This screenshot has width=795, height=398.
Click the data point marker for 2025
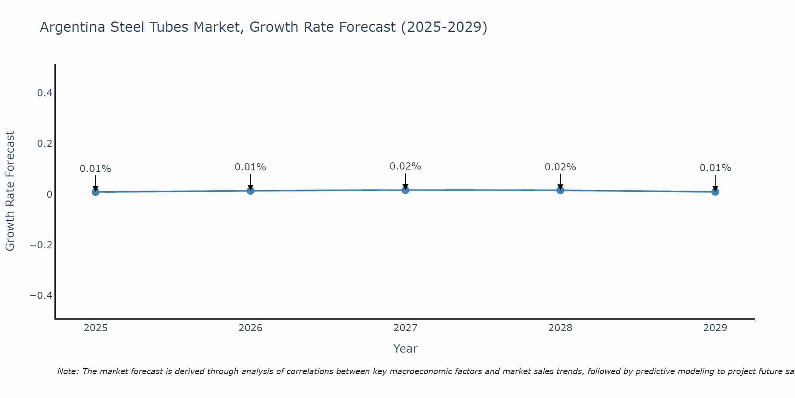click(95, 192)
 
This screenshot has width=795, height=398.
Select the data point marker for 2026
click(250, 191)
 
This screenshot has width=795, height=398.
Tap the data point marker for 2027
click(405, 190)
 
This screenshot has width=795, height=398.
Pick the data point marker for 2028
click(560, 190)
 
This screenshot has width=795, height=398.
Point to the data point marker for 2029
click(715, 192)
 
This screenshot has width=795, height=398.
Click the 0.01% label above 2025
click(95, 169)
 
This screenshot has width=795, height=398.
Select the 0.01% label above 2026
click(250, 167)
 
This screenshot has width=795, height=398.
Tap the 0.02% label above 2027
click(405, 166)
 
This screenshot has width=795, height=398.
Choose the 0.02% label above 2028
click(560, 167)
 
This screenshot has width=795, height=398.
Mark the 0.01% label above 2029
click(715, 168)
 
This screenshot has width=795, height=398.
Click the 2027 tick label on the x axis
click(405, 328)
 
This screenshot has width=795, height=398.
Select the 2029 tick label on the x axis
click(715, 328)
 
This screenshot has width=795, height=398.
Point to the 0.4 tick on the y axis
click(45, 93)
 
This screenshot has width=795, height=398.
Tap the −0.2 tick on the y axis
click(41, 245)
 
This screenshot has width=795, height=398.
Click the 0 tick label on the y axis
click(50, 194)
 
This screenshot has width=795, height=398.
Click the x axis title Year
click(405, 349)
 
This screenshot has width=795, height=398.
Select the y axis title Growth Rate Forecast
click(10, 191)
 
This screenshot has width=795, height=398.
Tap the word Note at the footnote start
click(68, 371)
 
